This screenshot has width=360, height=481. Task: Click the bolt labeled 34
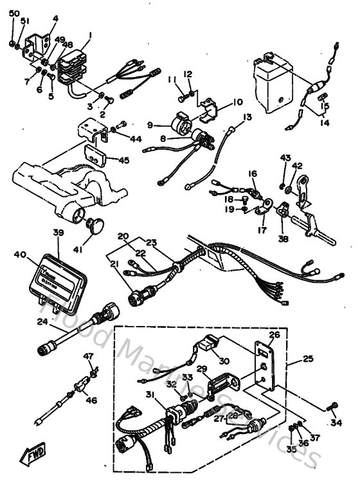point(332,406)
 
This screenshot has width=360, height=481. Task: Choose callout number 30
point(224,361)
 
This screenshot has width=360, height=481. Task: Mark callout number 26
point(274,334)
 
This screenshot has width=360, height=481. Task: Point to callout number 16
point(253,174)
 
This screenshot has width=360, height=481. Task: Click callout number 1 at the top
point(91,35)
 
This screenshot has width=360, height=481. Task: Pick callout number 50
point(14,14)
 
